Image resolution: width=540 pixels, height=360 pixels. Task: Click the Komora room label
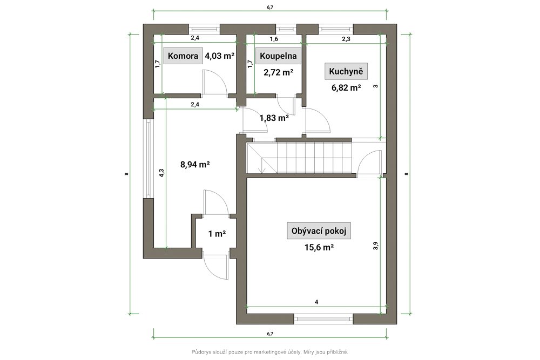pyautogui.click(x=183, y=56)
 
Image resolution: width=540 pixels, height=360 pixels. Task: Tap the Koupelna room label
pyautogui.click(x=278, y=56)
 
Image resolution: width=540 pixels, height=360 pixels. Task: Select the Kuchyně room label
pyautogui.click(x=346, y=71)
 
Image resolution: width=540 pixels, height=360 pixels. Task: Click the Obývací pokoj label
pyautogui.click(x=319, y=230)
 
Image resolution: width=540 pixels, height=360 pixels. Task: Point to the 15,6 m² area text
pyautogui.click(x=319, y=247)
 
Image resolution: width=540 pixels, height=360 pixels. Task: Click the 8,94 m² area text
pyautogui.click(x=195, y=165)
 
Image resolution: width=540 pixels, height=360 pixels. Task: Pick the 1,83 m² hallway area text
pyautogui.click(x=274, y=118)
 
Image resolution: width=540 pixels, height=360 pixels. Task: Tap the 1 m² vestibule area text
pyautogui.click(x=217, y=234)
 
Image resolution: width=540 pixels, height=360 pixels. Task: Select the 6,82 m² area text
pyautogui.click(x=346, y=87)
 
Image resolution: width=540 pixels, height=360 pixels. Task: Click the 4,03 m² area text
pyautogui.click(x=220, y=56)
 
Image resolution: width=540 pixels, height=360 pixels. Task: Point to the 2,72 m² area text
pyautogui.click(x=278, y=72)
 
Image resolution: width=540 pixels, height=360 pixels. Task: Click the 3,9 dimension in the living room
pyautogui.click(x=376, y=246)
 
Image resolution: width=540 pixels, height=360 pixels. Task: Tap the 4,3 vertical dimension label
pyautogui.click(x=161, y=172)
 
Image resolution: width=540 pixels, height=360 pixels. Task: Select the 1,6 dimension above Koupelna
pyautogui.click(x=274, y=39)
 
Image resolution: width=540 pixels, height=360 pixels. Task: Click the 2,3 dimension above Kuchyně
pyautogui.click(x=346, y=39)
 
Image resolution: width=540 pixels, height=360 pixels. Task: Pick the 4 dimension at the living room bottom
pyautogui.click(x=316, y=302)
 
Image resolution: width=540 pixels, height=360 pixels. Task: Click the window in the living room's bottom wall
pyautogui.click(x=323, y=318)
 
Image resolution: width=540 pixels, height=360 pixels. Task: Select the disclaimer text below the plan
pyautogui.click(x=270, y=352)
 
